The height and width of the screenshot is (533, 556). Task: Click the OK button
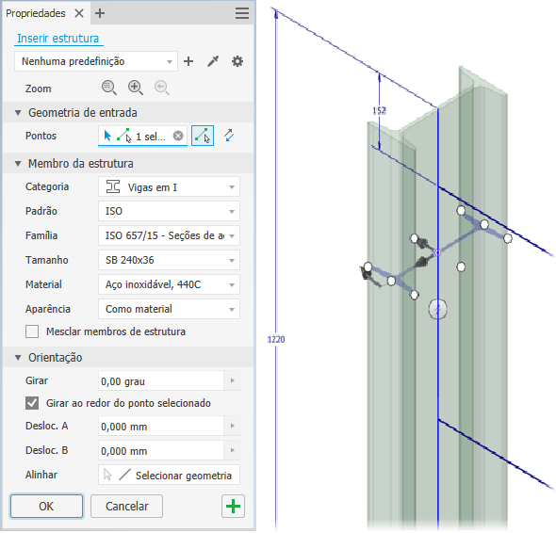coord(46,506)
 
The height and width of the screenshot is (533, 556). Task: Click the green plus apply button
coord(233,506)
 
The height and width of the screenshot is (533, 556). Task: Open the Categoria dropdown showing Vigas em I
coord(169,186)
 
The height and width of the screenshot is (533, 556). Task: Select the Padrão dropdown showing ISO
coord(169,211)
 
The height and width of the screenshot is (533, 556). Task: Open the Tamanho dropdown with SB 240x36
coord(169,260)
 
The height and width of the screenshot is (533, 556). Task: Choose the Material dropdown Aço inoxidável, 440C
coord(169,284)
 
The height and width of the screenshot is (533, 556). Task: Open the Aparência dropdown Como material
coord(169,309)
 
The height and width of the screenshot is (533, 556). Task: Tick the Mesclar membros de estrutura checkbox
coord(32,331)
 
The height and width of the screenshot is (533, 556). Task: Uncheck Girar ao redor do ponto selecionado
coord(32,403)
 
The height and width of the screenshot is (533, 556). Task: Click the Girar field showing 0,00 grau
coord(161,381)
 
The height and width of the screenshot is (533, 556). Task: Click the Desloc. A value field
coord(161,426)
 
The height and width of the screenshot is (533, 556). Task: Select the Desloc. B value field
coord(161,450)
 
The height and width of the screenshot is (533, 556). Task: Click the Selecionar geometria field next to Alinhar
coord(169,475)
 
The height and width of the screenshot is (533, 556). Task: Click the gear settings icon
coord(237,61)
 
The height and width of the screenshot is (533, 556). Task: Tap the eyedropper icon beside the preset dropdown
coord(213,61)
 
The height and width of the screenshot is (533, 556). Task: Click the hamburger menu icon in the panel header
coord(242,13)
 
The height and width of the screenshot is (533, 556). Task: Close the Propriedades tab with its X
coord(79,13)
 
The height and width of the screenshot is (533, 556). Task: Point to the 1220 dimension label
coord(276,340)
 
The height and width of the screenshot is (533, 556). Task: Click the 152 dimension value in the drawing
coord(379,110)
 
